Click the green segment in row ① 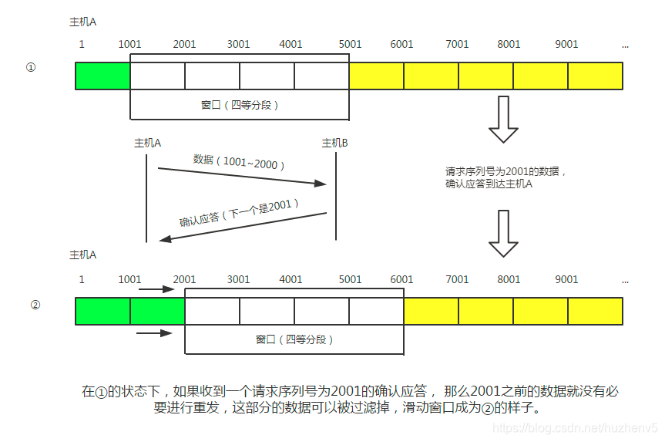tap(103, 76)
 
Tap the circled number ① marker tap(31, 68)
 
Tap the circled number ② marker tap(35, 304)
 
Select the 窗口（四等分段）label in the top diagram tap(240, 105)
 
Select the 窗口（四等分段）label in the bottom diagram tap(294, 339)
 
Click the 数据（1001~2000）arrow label tap(240, 163)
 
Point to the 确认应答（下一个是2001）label tap(240, 213)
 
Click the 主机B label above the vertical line tap(334, 143)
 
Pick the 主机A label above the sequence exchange tap(147, 143)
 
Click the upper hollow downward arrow tap(504, 120)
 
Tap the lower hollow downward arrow tap(504, 234)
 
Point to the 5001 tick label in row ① tap(350, 44)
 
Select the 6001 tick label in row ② tap(402, 279)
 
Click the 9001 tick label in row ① tap(566, 44)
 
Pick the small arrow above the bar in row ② tap(157, 290)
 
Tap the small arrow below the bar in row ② tap(154, 333)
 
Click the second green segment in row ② tap(157, 311)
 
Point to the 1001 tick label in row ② tap(130, 279)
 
